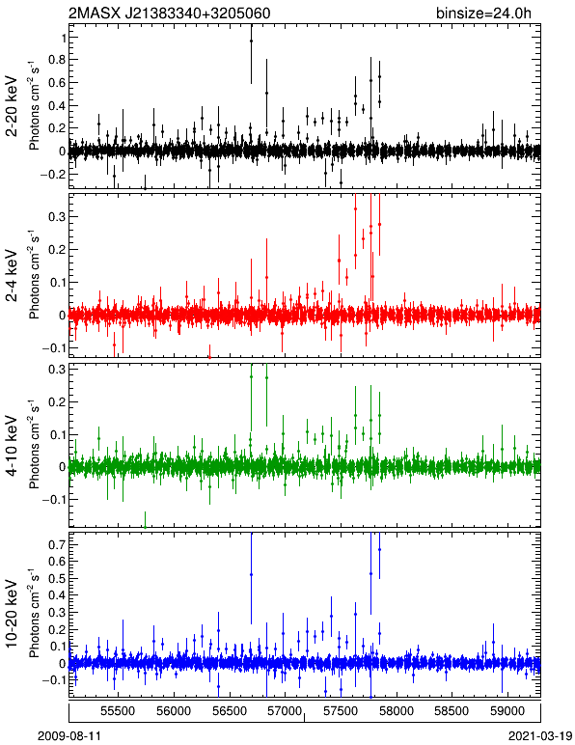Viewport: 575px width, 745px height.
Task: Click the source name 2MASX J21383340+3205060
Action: point(170,13)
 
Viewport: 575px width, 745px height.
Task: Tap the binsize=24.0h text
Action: point(483,13)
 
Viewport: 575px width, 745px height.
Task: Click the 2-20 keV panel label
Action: point(12,106)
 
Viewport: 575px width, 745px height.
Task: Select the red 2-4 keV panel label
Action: point(12,276)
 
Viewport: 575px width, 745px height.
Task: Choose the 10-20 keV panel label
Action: point(12,614)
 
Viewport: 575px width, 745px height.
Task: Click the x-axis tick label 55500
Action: point(119,711)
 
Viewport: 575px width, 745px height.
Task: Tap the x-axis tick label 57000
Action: point(285,711)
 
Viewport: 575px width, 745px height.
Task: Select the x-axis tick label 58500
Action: point(452,711)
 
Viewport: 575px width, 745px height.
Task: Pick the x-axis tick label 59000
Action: point(507,711)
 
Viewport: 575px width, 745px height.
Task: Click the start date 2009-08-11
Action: point(69,736)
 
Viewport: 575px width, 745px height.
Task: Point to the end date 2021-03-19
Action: point(539,736)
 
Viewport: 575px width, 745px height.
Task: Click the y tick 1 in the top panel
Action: point(61,38)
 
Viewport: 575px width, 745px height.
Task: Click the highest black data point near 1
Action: point(251,41)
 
